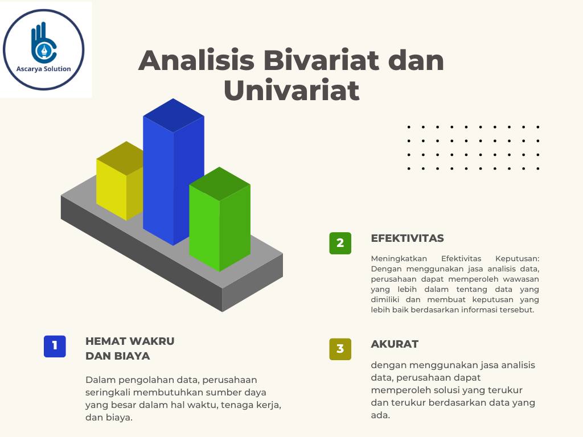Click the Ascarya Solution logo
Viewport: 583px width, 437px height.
[44, 50]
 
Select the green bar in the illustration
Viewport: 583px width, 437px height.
[219, 228]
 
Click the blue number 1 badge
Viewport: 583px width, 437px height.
[55, 346]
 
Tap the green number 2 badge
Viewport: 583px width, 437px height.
[340, 243]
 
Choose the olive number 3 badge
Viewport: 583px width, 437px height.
[340, 349]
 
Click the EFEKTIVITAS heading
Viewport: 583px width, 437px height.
[407, 238]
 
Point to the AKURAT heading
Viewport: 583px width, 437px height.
[395, 344]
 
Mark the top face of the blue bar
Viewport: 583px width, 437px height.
[173, 116]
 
